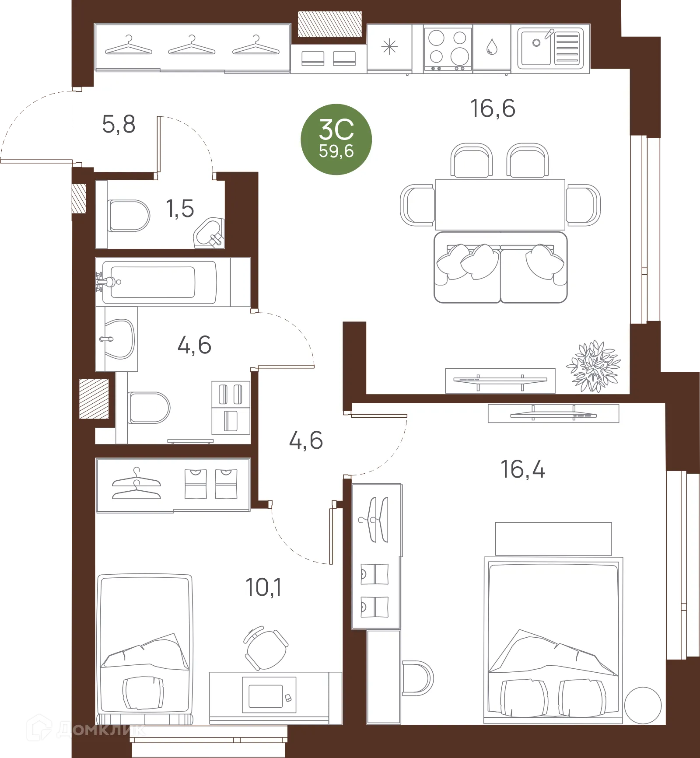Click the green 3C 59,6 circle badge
(336, 140)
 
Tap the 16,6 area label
(493, 108)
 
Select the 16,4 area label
(522, 469)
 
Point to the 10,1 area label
(263, 587)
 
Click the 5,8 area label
(119, 124)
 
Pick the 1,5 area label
(180, 209)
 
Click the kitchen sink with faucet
(550, 48)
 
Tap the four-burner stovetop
(448, 48)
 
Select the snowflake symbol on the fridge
(389, 47)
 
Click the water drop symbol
(492, 47)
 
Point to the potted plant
(593, 367)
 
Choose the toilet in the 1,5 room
(128, 216)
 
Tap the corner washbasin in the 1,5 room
(210, 234)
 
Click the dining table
(500, 204)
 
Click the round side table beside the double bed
(643, 705)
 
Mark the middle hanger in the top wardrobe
(192, 46)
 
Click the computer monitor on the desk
(269, 695)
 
